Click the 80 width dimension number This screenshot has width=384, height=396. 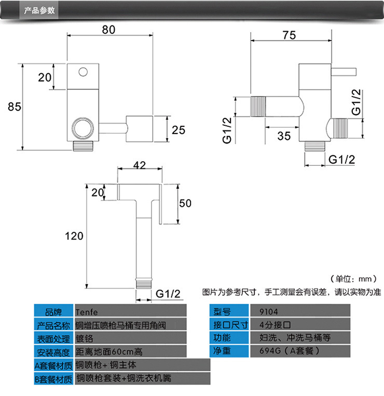tap(108, 30)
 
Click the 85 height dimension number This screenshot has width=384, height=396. tap(15, 107)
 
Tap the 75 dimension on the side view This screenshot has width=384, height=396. tap(289, 35)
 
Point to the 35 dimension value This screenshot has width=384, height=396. tap(284, 136)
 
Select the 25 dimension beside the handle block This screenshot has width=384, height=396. tap(179, 130)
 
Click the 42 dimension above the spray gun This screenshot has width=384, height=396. tap(140, 165)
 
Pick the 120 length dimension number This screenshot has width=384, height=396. tap(74, 236)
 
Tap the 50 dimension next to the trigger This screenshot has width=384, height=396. tap(185, 203)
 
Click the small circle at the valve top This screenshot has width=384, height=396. tap(83, 72)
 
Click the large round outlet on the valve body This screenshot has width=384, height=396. tap(83, 128)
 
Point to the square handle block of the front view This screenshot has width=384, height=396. tap(140, 129)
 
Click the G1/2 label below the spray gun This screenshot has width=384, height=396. tap(168, 294)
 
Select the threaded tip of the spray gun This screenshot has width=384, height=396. tap(144, 283)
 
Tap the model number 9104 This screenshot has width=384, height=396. tap(269, 312)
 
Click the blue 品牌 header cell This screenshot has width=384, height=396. tap(53, 312)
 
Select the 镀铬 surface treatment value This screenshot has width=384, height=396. tap(85, 338)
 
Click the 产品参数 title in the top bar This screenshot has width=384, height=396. tap(39, 10)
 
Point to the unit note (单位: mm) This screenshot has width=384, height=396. tap(353, 279)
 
